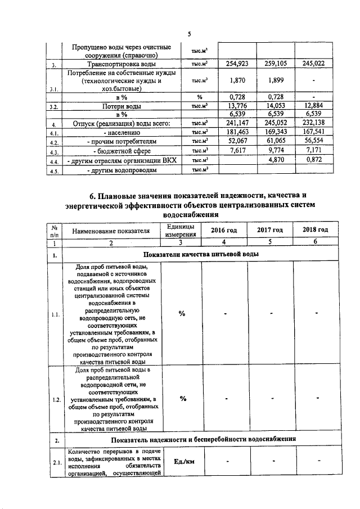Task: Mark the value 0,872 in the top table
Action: [318, 161]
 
